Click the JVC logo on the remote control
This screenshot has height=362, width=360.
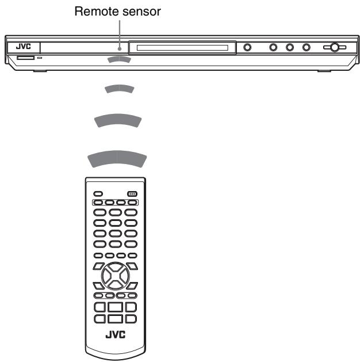point(115,334)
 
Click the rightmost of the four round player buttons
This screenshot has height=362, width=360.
point(307,47)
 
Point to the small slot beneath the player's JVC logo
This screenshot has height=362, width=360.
point(25,58)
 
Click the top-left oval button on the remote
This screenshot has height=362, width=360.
point(98,193)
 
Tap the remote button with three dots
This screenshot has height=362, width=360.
point(132,193)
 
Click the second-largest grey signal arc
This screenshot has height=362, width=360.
point(117,121)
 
